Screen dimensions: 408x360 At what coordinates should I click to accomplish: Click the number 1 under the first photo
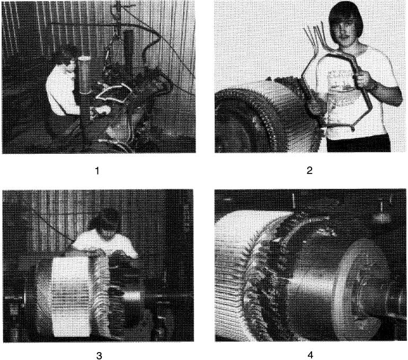pos(97,171)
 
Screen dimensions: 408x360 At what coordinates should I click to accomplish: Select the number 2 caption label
pos(309,171)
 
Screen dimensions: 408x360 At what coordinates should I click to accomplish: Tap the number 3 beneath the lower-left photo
pos(99,356)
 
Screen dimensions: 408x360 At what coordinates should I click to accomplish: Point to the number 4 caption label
pos(310,355)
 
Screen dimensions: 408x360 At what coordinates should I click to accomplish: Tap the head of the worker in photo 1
pos(68,56)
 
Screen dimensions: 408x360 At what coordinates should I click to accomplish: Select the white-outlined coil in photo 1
pos(113,94)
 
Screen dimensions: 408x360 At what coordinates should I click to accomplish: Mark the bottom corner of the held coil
pos(352,128)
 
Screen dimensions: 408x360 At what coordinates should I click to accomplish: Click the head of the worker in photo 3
pos(104,221)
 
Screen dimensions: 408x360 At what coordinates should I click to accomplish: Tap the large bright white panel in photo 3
pos(71,297)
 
